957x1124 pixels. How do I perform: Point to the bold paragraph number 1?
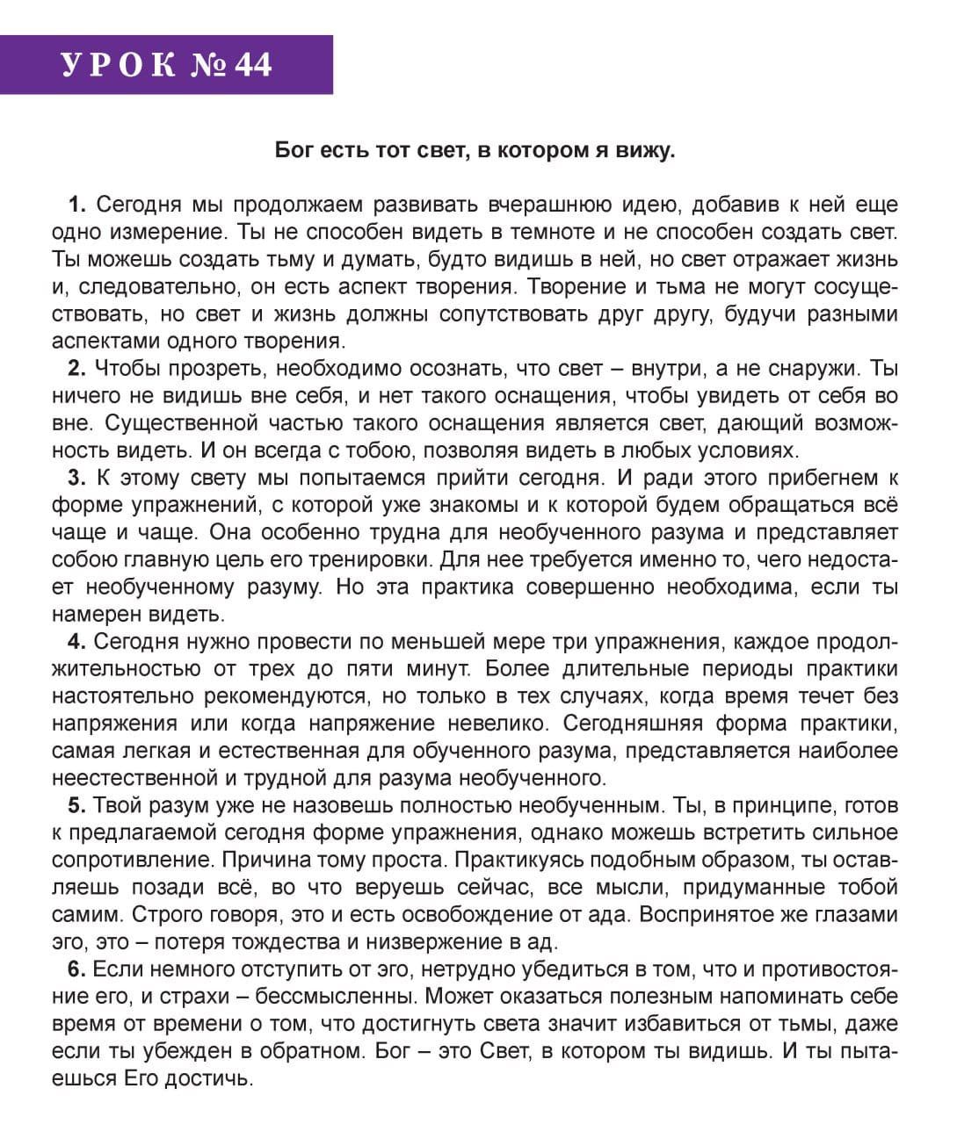[76, 205]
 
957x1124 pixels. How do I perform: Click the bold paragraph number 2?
[76, 368]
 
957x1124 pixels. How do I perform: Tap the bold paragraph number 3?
[76, 478]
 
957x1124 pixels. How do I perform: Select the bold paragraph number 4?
[76, 641]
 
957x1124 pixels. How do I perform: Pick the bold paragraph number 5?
[76, 805]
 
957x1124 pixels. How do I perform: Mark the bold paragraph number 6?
[76, 969]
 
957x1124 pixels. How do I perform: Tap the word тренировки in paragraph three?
[368, 559]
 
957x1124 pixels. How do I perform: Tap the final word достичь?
[212, 1078]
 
